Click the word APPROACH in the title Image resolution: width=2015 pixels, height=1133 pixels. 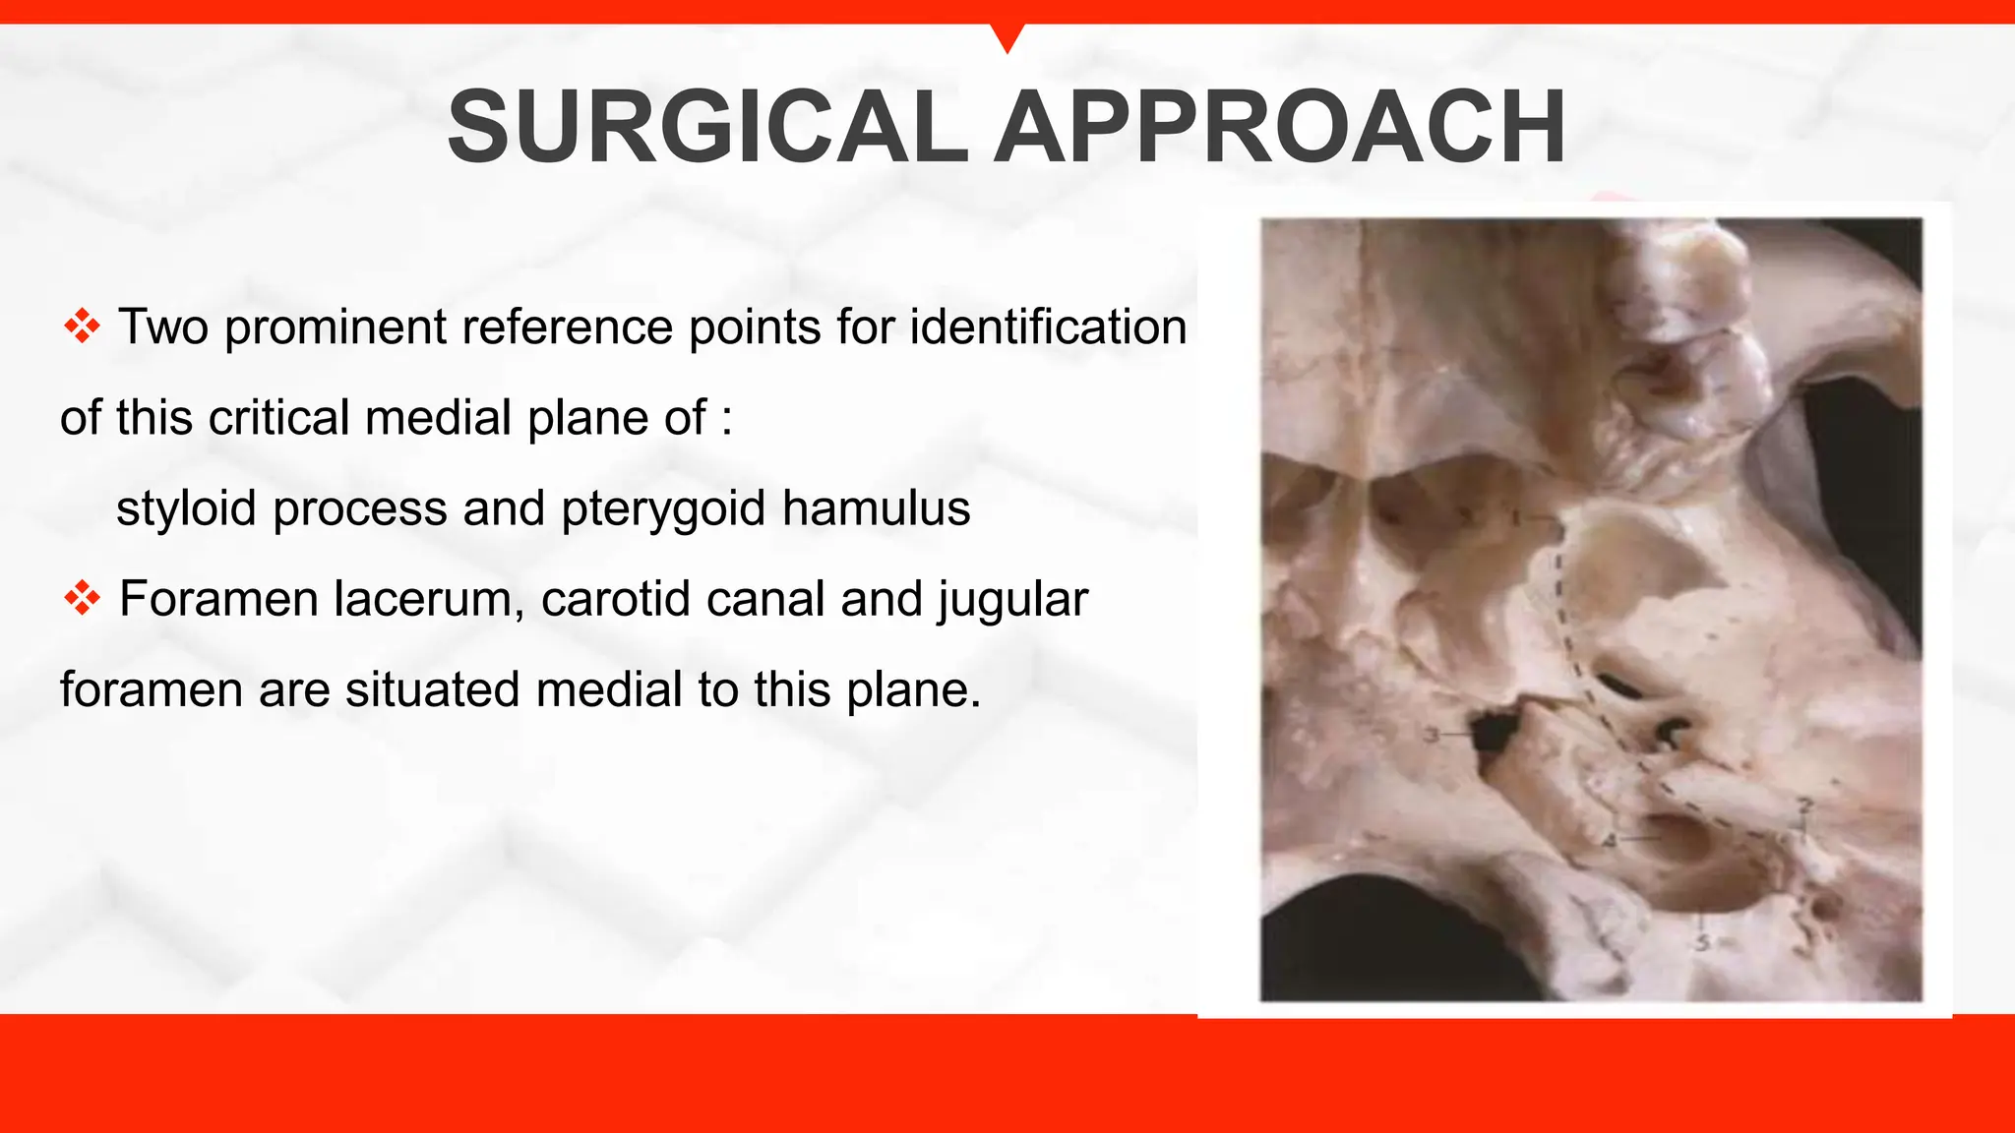1279,128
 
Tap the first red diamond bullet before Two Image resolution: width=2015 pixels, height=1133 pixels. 82,327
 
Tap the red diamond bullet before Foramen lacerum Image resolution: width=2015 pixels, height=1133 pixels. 82,598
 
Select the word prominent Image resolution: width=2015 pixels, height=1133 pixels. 335,328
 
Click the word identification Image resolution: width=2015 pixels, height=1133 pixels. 1048,327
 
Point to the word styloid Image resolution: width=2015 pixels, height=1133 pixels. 184,508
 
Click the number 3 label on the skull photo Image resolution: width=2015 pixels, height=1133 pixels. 1433,735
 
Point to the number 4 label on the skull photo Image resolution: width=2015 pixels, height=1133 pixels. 1610,841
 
